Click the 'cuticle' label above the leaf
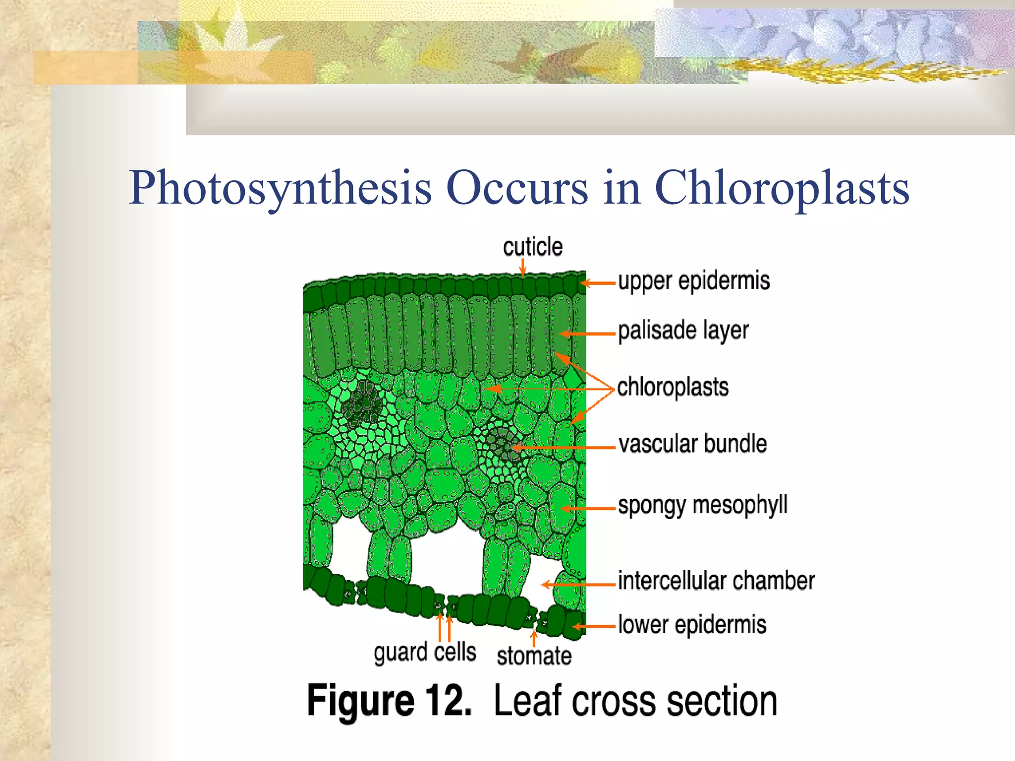coord(533,247)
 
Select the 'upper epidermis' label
coord(694,281)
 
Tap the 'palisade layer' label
coord(683,331)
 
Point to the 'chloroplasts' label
coord(673,387)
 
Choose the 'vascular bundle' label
coord(692,444)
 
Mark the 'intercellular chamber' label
coord(716,581)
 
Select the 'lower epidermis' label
coord(692,625)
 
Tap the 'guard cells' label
coord(425,652)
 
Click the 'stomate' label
coord(534,656)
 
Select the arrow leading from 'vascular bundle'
coord(565,448)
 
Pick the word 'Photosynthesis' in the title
coord(280,188)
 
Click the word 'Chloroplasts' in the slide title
coord(782,188)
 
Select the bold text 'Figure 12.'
coord(389,701)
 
